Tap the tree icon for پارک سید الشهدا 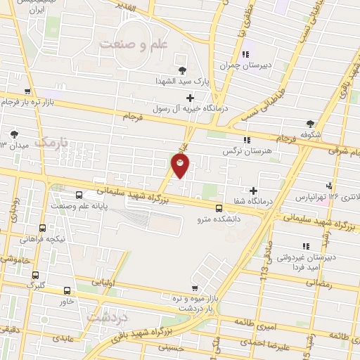pyautogui.click(x=184, y=70)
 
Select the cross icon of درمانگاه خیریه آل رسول pyautogui.click(x=189, y=97)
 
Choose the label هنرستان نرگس pyautogui.click(x=261, y=150)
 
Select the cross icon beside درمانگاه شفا pyautogui.click(x=253, y=190)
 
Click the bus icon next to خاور pyautogui.click(x=67, y=290)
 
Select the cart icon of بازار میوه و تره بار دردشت pyautogui.click(x=194, y=287)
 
